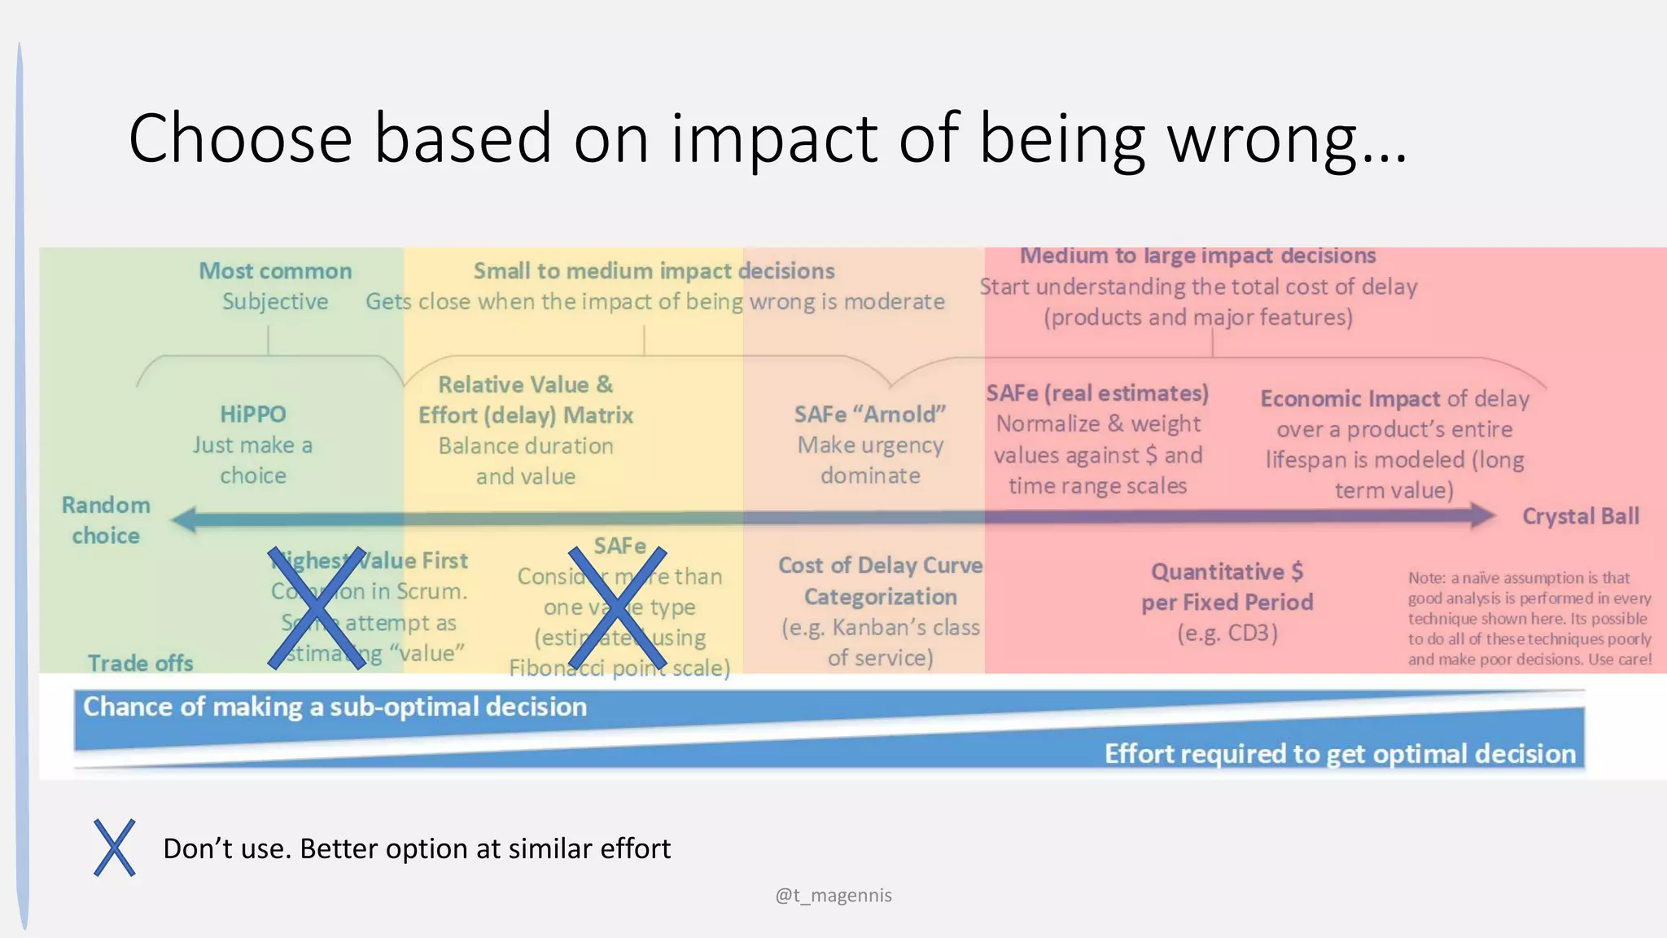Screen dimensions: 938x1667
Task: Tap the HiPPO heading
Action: point(253,414)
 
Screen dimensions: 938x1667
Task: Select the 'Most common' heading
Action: point(275,271)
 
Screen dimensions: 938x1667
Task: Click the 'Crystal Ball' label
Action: point(1580,516)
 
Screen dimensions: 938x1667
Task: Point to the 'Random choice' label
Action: point(106,520)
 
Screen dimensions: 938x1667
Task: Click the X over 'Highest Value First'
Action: point(317,608)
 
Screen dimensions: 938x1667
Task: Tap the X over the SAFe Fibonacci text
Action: point(617,608)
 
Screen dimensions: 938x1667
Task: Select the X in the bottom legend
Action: point(114,848)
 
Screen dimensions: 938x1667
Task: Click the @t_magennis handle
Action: point(833,896)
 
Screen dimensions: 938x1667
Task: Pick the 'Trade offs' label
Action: point(140,664)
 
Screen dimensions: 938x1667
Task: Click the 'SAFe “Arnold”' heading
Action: point(870,414)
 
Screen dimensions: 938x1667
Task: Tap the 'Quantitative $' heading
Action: point(1227,572)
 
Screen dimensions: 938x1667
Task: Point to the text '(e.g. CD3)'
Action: point(1227,633)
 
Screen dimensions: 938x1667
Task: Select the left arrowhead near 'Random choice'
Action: point(184,519)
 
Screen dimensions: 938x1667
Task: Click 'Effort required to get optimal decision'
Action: point(1340,754)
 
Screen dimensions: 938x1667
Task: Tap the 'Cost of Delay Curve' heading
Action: point(880,565)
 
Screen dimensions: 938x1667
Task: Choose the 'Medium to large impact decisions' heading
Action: point(1197,256)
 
